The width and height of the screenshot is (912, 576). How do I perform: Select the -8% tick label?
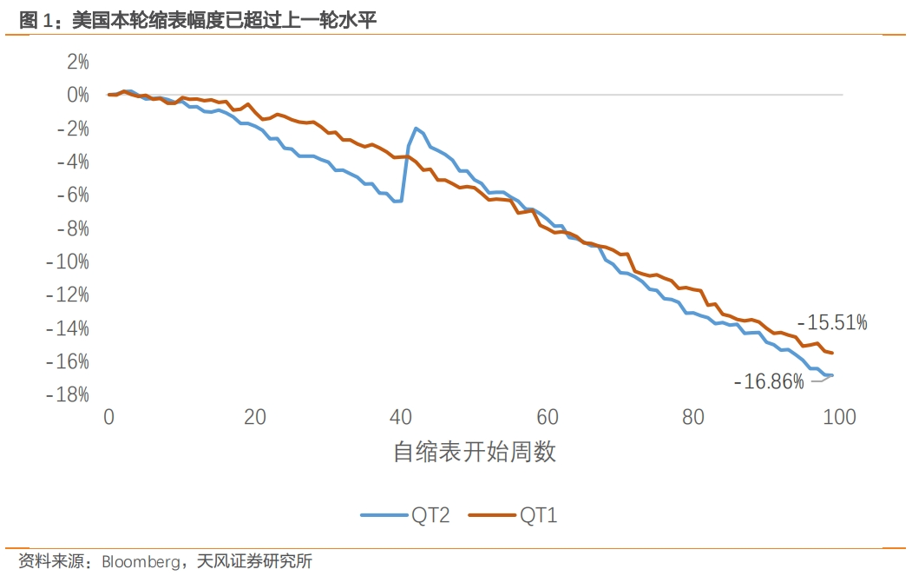pyautogui.click(x=73, y=228)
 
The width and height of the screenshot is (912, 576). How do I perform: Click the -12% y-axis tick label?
pyautogui.click(x=69, y=295)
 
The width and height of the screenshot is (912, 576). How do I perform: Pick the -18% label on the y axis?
pyautogui.click(x=69, y=394)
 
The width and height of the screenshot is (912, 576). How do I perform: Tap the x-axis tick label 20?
pyautogui.click(x=255, y=418)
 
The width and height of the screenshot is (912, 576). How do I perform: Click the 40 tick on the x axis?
pyautogui.click(x=401, y=418)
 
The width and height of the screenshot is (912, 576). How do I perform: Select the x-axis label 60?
pyautogui.click(x=547, y=418)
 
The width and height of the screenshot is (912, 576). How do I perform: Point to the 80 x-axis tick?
pyautogui.click(x=692, y=418)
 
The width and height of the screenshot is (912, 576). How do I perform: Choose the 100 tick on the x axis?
pyautogui.click(x=838, y=418)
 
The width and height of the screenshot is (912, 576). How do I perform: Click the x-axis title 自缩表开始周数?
pyautogui.click(x=474, y=453)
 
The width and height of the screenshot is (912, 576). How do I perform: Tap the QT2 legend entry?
pyautogui.click(x=405, y=515)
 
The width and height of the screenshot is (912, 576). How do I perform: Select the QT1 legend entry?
pyautogui.click(x=514, y=515)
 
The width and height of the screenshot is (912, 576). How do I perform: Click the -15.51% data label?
pyautogui.click(x=833, y=323)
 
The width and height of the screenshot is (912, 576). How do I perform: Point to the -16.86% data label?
pyautogui.click(x=769, y=381)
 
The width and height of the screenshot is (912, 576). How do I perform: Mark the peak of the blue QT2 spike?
pyautogui.click(x=417, y=129)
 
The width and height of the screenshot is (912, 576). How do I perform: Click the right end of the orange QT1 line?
pyautogui.click(x=832, y=353)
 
